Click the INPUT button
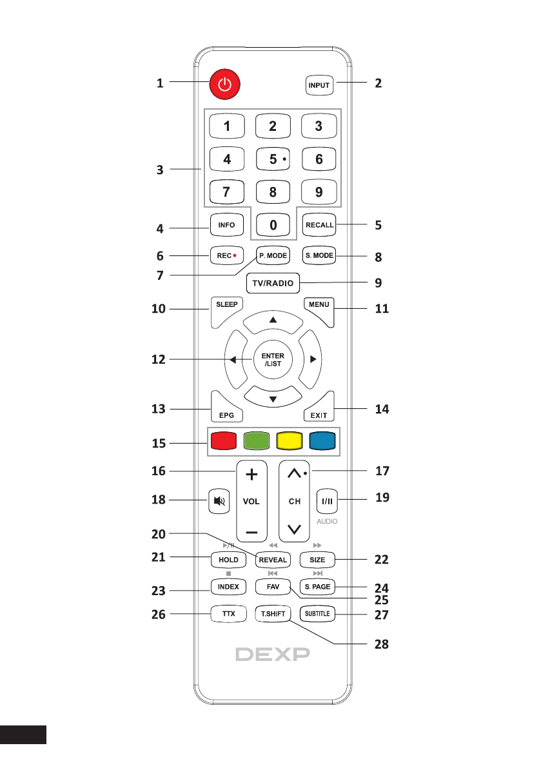point(319,85)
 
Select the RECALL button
point(319,225)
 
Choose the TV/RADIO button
point(273,282)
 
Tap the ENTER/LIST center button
point(273,360)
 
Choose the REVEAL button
point(273,560)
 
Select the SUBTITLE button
point(319,615)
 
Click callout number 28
point(384,645)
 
